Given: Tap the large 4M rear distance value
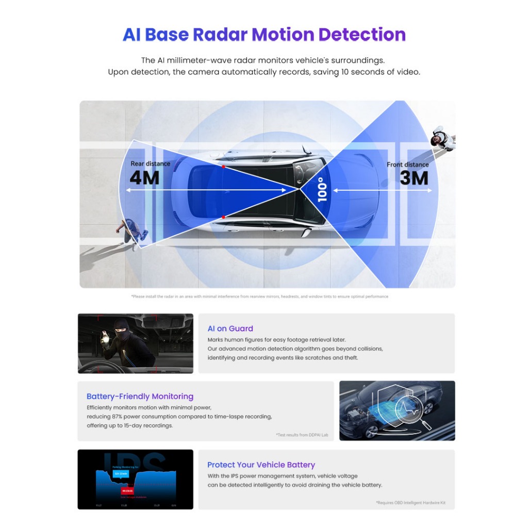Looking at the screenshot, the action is pos(144,178).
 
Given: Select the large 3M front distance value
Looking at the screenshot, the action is pos(414,178).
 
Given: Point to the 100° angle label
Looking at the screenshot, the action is pos(322,189).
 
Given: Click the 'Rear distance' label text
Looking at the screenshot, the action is pos(150,164).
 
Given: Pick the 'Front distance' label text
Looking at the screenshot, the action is pos(408,164).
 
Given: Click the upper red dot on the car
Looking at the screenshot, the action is pos(223,167).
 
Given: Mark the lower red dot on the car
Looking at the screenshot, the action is pos(223,217).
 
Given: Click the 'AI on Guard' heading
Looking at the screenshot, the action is pos(230,328).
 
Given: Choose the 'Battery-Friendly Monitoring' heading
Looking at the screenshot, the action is pos(140,397).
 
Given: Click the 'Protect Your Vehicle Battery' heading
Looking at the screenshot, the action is pos(261,465).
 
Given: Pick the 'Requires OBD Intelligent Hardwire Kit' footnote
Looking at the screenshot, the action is pos(410,503).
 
